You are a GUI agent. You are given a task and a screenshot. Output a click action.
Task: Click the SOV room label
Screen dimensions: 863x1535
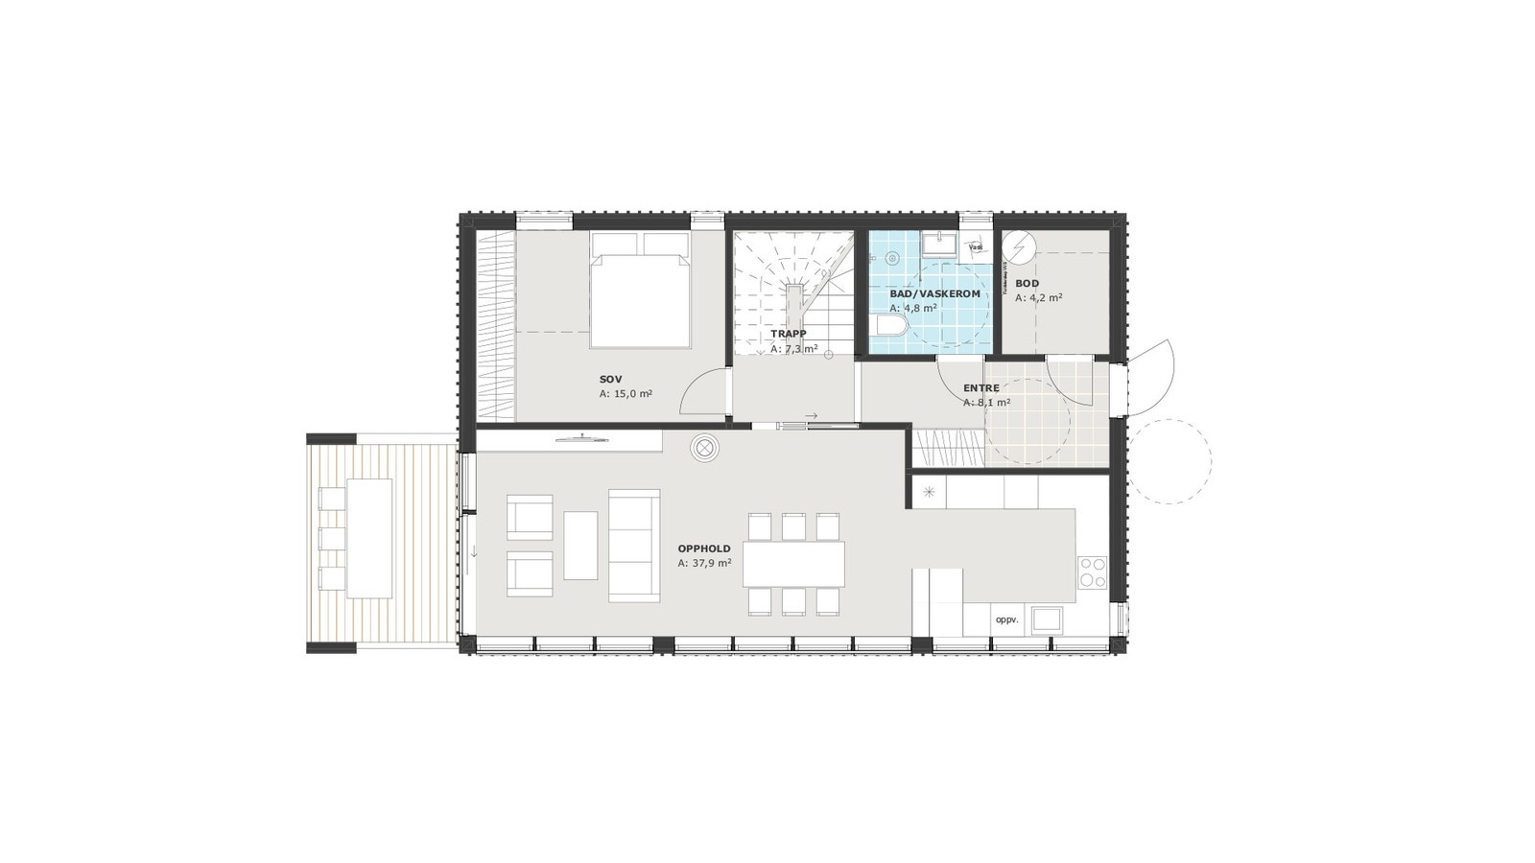[610, 380]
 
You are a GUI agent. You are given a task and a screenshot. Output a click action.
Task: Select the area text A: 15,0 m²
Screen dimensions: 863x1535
[626, 394]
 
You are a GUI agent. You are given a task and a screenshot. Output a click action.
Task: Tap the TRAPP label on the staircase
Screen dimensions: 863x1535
[788, 335]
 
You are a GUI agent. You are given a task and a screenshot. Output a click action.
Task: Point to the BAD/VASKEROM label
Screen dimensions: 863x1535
[934, 294]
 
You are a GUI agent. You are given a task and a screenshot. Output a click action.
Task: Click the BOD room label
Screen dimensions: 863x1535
[1027, 284]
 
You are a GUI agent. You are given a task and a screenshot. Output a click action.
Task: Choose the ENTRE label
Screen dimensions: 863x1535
[981, 388]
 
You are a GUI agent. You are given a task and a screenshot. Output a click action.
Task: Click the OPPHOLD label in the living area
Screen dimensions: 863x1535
[704, 549]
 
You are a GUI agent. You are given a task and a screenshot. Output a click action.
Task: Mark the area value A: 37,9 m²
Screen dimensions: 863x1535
[704, 564]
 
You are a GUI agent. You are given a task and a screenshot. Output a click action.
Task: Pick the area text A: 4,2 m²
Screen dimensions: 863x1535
[1038, 298]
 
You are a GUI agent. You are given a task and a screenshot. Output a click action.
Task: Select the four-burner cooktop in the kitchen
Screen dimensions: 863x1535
[1092, 571]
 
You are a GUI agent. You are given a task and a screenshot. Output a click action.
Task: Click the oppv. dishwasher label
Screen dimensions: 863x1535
[1006, 619]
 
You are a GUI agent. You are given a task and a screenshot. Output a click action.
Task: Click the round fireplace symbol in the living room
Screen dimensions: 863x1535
[706, 448]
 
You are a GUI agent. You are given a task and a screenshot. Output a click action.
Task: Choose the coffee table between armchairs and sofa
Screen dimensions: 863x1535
[580, 545]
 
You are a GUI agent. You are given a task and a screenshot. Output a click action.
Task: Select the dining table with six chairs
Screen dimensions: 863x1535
[794, 564]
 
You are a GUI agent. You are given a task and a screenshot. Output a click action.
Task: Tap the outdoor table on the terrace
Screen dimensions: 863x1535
[369, 537]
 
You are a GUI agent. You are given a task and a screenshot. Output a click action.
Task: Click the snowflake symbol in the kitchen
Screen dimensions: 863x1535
[929, 492]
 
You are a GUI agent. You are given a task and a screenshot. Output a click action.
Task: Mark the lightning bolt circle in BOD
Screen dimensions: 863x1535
[1017, 249]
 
